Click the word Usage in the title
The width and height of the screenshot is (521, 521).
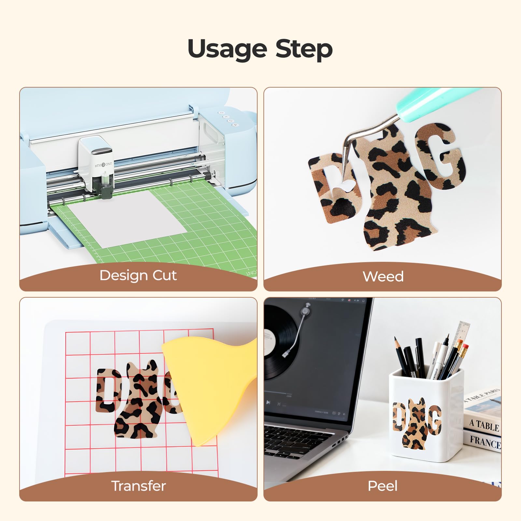[228, 49]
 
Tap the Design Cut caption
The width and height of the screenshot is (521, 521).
[138, 275]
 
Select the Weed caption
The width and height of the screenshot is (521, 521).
[383, 276]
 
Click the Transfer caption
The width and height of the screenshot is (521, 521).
[138, 486]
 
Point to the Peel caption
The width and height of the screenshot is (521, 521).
[383, 486]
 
